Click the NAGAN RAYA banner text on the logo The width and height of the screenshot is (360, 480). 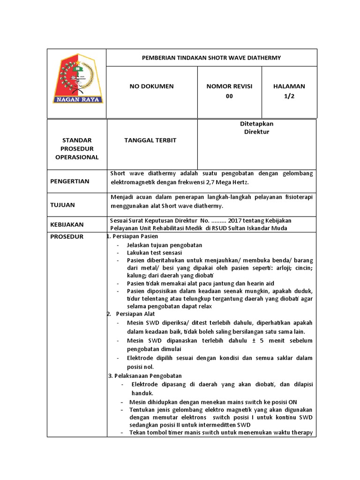click(77, 99)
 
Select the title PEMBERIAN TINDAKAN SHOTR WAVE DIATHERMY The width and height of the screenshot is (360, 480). click(211, 58)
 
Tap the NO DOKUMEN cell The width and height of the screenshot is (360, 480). click(151, 86)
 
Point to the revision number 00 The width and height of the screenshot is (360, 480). click(229, 96)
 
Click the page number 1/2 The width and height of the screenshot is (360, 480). click(289, 96)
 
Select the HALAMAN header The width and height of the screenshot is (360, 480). click(289, 86)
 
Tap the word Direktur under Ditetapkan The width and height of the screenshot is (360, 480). click(256, 132)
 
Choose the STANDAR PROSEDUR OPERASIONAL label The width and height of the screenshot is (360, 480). click(77, 149)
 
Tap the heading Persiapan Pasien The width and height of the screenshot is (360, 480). click(135, 236)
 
